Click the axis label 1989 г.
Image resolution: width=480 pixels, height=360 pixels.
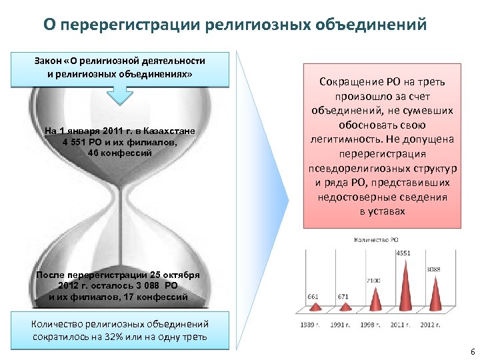pos(311,325)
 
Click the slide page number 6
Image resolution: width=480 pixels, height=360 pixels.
pos(472,351)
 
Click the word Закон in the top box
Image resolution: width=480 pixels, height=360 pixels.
pos(49,61)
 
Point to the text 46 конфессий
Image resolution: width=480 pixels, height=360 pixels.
pos(120,153)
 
